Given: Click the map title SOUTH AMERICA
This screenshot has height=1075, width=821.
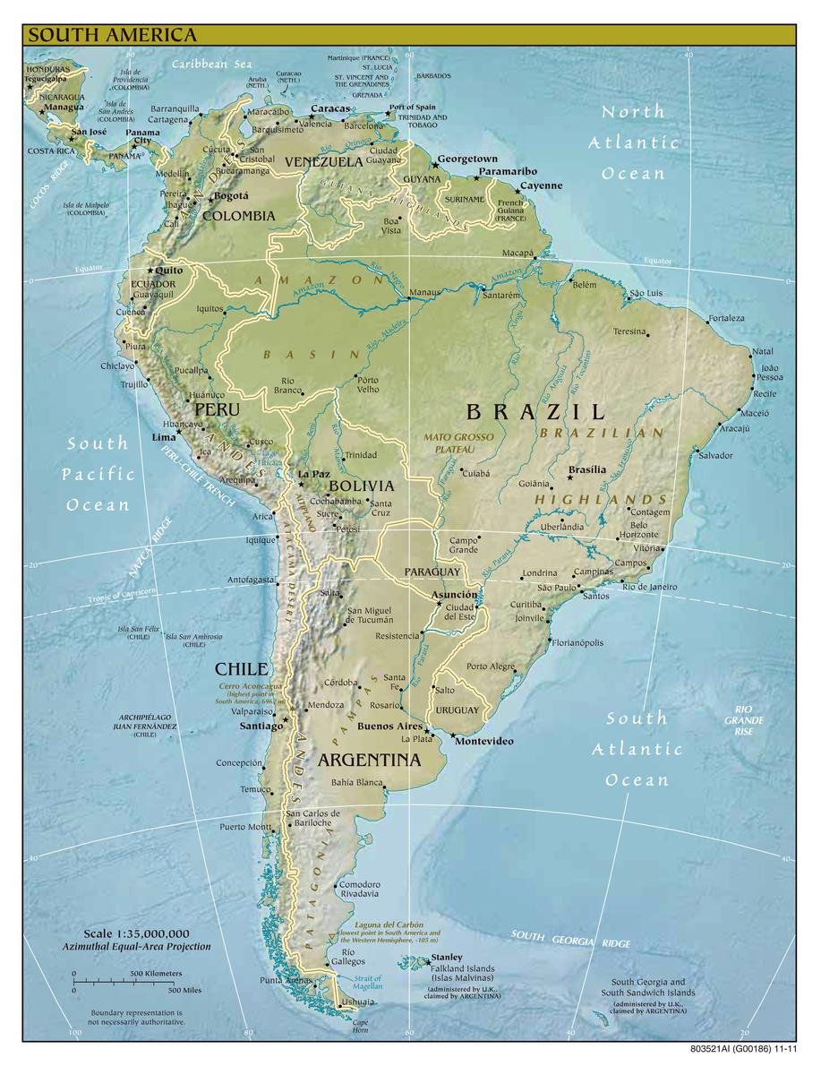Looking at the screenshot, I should (x=112, y=36).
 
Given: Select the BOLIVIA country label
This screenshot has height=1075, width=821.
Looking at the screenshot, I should (x=361, y=486).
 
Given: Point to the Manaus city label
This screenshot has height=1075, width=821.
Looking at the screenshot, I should (x=424, y=293).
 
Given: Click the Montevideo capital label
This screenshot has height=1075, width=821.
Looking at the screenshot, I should (x=483, y=742).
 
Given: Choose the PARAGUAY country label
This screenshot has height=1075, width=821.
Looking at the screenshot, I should (x=432, y=572).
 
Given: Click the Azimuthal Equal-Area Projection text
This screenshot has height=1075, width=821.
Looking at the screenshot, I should (x=136, y=947).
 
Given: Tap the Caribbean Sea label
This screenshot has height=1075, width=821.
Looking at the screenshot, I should (x=213, y=64).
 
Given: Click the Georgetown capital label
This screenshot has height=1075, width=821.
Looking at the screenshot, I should (x=466, y=159).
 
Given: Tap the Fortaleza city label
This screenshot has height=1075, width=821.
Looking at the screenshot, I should (x=726, y=318).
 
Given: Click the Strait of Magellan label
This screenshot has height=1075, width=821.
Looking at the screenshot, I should (x=367, y=982).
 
